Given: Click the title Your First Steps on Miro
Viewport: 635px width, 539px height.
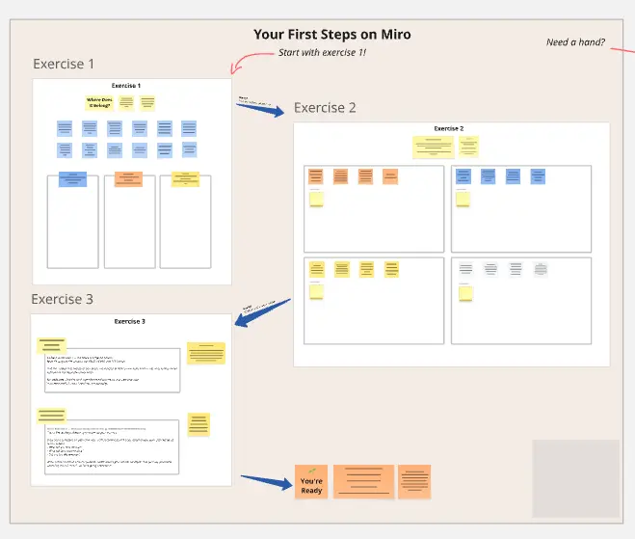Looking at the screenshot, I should point(331,35).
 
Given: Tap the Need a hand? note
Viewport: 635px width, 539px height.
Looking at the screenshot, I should point(575,42).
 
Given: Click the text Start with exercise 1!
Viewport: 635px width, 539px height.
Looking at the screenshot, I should point(322,52).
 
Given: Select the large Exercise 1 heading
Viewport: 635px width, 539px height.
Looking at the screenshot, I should point(64,65).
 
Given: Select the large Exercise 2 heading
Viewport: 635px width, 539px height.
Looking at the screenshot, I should point(325,108).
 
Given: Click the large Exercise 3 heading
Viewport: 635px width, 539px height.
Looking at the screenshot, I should point(62,299).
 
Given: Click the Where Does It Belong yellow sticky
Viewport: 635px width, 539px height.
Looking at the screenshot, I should point(99,102).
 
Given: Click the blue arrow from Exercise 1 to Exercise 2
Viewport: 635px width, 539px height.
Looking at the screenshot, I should point(261,108).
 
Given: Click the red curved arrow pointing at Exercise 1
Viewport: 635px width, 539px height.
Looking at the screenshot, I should point(246,60).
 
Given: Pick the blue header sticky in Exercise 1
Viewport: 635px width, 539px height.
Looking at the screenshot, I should point(73,178).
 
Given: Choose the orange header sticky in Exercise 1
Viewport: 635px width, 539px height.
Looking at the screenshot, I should point(128,178).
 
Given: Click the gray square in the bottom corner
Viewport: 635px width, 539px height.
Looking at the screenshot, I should point(575,477).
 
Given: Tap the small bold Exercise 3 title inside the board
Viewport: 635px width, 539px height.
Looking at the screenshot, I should point(129,321).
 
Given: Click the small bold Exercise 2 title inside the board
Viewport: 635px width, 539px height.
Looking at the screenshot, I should point(448,128).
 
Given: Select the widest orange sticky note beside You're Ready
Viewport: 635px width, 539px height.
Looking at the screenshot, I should point(363,481).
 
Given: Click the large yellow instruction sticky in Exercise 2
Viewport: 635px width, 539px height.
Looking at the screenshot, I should point(433,147).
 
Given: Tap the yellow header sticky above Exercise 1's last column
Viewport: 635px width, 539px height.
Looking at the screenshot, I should point(184,178).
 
